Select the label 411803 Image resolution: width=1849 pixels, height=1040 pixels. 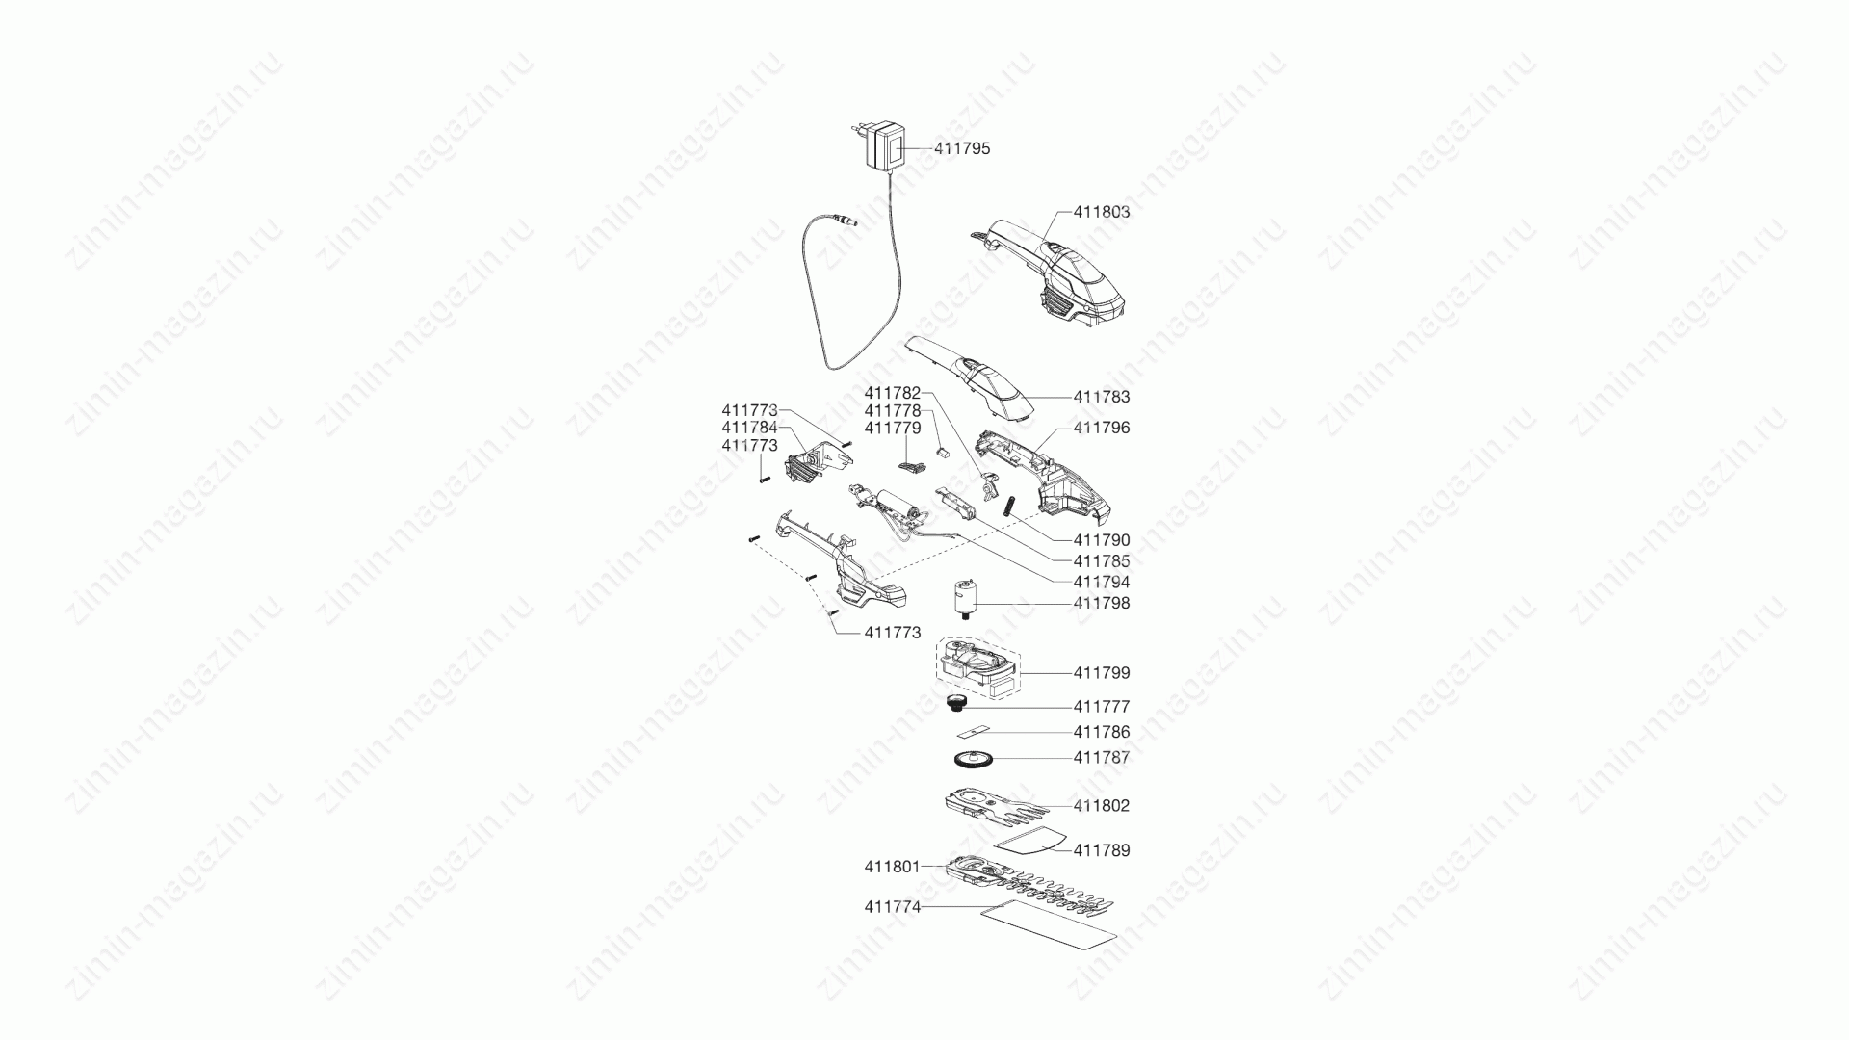tap(1102, 212)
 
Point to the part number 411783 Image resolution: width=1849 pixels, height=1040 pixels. tap(1102, 397)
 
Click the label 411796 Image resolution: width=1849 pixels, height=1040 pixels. tap(1102, 428)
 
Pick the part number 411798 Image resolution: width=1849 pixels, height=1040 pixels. tap(1102, 604)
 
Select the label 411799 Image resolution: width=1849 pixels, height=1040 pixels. tap(1102, 673)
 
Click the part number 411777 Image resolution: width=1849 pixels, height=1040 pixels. tap(1102, 707)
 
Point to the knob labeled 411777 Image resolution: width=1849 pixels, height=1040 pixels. tap(957, 703)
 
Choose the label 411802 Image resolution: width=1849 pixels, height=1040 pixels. tap(1102, 806)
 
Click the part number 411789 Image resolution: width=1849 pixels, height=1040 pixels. tap(1102, 851)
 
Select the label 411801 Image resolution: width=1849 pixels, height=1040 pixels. tap(893, 867)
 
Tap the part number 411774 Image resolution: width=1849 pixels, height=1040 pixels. tap(893, 907)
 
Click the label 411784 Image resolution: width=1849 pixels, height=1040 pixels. tap(750, 428)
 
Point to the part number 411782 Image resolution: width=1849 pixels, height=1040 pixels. tap(893, 393)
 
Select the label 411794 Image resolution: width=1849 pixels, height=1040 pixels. tap(1102, 583)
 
